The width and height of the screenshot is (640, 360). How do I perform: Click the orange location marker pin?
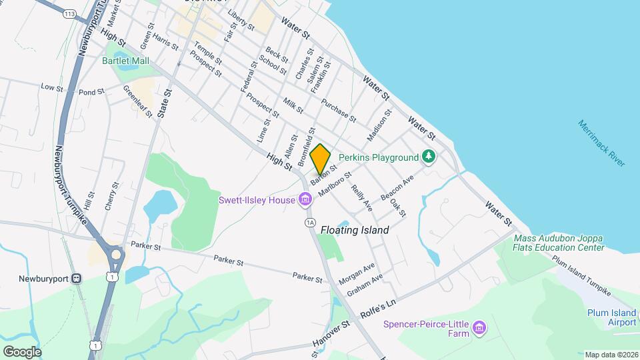(x=321, y=159)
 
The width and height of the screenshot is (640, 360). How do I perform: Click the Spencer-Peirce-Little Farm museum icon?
(x=479, y=327)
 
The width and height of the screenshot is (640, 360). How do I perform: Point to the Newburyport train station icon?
(x=77, y=277)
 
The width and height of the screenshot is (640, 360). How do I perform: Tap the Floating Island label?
(x=355, y=230)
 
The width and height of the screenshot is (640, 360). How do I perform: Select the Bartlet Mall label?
(x=125, y=61)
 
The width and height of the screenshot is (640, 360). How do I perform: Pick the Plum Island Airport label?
(x=611, y=317)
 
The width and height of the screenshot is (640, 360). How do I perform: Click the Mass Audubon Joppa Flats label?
(x=559, y=243)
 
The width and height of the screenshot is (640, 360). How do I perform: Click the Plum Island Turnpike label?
(x=580, y=275)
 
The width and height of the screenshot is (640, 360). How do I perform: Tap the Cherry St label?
(x=112, y=196)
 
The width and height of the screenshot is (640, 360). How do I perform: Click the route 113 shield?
(x=69, y=13)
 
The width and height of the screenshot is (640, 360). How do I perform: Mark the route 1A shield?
(x=309, y=221)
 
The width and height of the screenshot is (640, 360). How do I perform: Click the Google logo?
(x=22, y=351)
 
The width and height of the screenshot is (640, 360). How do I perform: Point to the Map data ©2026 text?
(x=611, y=355)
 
